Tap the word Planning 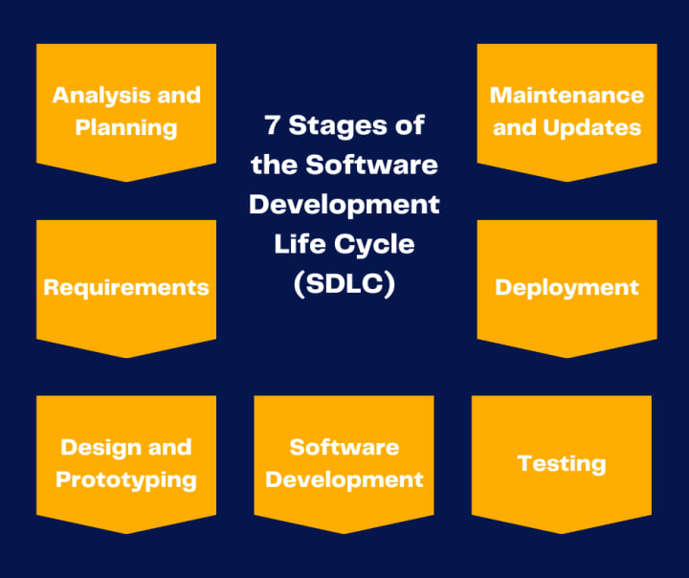(x=126, y=127)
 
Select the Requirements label (x=126, y=287)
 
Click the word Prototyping (x=126, y=479)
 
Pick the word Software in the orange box (x=344, y=447)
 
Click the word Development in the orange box (x=344, y=479)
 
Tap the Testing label (x=562, y=463)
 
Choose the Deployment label (x=567, y=287)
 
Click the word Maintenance (x=567, y=95)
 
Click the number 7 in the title (x=273, y=124)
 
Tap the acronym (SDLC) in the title (x=344, y=284)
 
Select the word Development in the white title (x=344, y=204)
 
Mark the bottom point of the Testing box (x=562, y=533)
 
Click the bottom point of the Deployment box (x=567, y=357)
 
